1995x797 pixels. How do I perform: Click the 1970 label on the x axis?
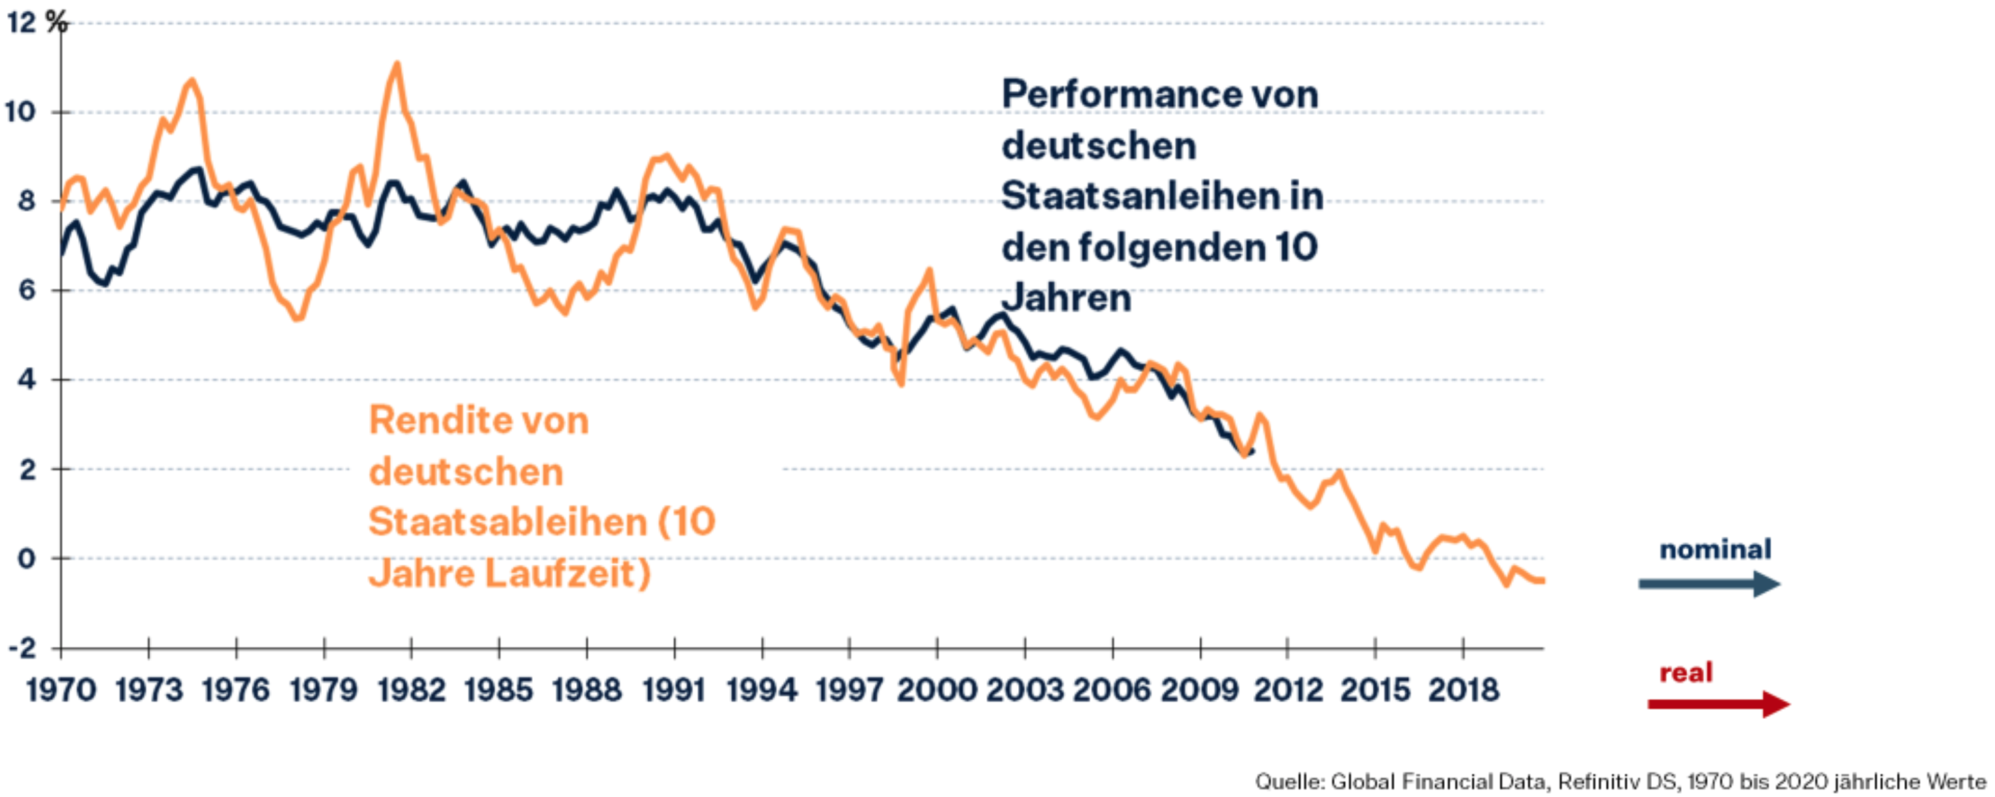pyautogui.click(x=61, y=690)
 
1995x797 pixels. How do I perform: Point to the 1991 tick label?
pyautogui.click(x=674, y=690)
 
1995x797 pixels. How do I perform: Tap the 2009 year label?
pyautogui.click(x=1200, y=690)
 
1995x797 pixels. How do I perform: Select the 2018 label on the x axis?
pyautogui.click(x=1463, y=690)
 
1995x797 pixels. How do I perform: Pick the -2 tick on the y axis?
pyautogui.click(x=23, y=647)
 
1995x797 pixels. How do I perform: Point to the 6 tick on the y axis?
pyautogui.click(x=27, y=290)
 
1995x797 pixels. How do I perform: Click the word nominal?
pyautogui.click(x=1715, y=549)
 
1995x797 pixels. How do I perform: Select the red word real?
pyautogui.click(x=1685, y=672)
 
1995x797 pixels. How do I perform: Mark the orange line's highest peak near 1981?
pyautogui.click(x=397, y=64)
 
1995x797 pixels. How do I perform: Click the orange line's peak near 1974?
pyautogui.click(x=192, y=81)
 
